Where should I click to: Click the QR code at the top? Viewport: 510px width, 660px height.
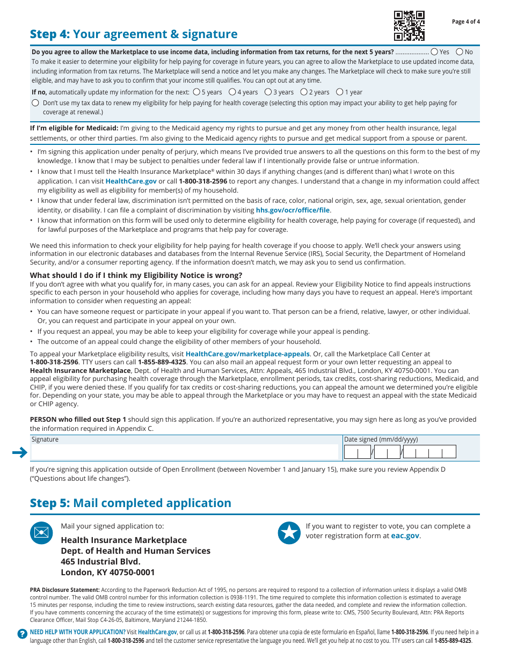point(409,26)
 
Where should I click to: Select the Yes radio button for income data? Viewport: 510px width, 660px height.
point(434,52)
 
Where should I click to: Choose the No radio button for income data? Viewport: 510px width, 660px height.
point(460,52)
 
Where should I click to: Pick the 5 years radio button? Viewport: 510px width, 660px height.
point(196,92)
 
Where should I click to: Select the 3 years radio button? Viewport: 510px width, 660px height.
point(268,92)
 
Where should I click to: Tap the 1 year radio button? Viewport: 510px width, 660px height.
point(339,92)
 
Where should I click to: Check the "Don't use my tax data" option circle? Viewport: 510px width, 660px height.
point(35,102)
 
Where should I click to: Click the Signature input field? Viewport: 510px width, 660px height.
point(185,452)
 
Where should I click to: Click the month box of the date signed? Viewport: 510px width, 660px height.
point(357,452)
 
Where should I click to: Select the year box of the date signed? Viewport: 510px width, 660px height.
point(429,452)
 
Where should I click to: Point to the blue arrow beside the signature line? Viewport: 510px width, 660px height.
point(20,453)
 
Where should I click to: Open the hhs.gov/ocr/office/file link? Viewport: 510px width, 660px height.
point(293,210)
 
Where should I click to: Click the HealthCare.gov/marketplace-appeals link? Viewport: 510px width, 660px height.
point(247,354)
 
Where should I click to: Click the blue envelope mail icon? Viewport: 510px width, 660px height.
point(41,533)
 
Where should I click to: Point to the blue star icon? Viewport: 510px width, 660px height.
point(289,533)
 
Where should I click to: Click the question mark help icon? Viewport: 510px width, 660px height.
point(22,634)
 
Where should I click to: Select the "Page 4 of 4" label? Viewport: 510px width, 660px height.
point(466,22)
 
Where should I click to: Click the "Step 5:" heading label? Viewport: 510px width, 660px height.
point(50,503)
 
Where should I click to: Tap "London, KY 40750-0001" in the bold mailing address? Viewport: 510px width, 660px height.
point(108,573)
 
